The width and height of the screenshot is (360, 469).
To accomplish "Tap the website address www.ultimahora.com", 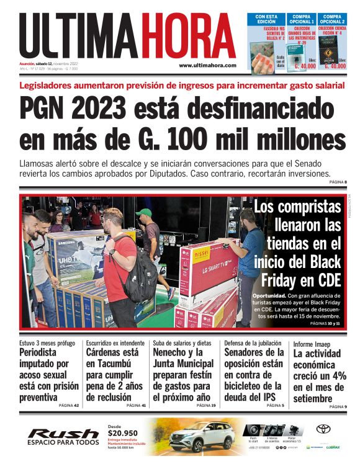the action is point(207,65).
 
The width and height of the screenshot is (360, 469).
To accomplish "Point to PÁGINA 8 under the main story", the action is point(337,182).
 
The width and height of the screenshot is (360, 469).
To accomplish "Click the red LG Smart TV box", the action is point(208,267).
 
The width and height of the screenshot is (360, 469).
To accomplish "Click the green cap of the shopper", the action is point(144,213).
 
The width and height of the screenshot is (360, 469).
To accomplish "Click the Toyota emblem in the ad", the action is point(323,429).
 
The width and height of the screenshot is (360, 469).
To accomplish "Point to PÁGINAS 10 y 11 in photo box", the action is point(326,323).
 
